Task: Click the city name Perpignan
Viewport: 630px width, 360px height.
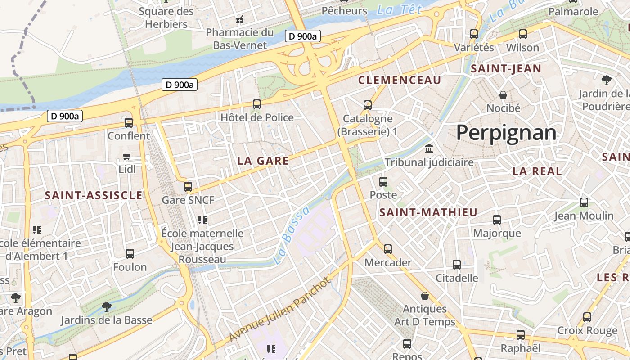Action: tap(506, 133)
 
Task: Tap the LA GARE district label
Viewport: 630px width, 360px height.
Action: tap(263, 161)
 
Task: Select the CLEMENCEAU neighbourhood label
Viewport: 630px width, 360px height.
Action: tap(400, 80)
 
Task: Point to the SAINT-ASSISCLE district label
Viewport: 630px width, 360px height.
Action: tap(94, 195)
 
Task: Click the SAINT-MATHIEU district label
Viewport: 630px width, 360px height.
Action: tap(428, 212)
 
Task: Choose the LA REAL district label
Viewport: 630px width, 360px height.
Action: tap(537, 171)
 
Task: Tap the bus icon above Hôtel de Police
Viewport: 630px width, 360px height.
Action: tap(257, 104)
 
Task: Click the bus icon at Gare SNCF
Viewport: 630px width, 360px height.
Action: tap(188, 186)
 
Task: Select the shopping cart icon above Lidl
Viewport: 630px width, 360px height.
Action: tap(127, 157)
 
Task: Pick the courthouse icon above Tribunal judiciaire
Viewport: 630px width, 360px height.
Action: tap(429, 148)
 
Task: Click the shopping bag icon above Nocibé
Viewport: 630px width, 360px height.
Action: tap(503, 95)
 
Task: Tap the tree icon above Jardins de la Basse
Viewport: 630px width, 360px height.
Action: tap(107, 307)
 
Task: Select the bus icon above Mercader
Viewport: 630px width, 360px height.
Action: tap(387, 249)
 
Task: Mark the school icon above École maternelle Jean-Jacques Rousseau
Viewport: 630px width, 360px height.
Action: tap(202, 220)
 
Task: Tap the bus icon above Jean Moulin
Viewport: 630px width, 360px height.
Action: tap(584, 202)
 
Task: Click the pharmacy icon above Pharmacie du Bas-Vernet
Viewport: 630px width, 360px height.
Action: tap(240, 19)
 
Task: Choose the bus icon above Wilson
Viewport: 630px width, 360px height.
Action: tap(522, 34)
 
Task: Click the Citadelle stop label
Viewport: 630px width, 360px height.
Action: tap(457, 278)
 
